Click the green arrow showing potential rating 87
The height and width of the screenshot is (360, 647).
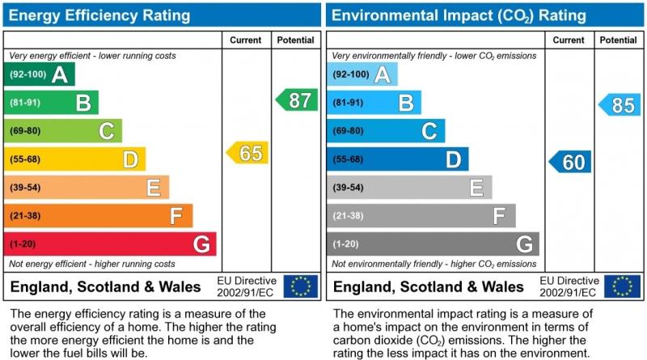point(297,100)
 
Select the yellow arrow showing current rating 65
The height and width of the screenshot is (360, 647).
point(247,153)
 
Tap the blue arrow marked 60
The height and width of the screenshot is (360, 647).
point(570,162)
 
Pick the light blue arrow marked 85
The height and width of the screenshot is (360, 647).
point(620,104)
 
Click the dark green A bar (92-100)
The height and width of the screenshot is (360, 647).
point(40,74)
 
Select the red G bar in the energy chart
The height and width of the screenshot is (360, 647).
point(110,244)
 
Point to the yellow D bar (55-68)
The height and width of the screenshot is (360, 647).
point(75,159)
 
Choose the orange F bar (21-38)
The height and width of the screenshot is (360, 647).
point(99,216)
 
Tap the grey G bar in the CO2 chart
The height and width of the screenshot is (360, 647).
point(433,244)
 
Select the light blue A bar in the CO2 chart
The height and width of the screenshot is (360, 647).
point(362,74)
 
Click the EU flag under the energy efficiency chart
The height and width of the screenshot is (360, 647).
point(302,286)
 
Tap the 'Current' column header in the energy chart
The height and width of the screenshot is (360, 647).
point(246,40)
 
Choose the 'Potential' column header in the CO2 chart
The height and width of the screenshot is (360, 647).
point(619,40)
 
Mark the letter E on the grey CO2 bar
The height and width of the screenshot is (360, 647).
point(476,188)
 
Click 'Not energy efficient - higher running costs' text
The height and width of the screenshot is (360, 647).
point(91,265)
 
